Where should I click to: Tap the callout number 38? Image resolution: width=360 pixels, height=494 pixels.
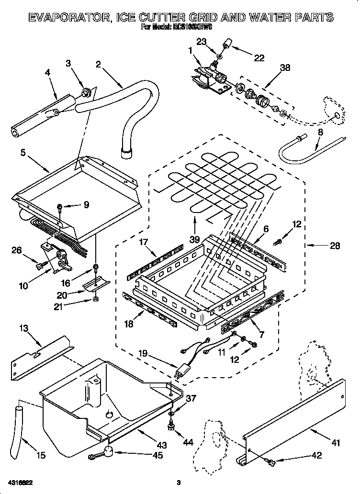coord(285,68)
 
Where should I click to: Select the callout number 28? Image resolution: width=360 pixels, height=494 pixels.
coord(335,246)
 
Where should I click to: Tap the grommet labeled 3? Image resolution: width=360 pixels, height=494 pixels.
coord(87,92)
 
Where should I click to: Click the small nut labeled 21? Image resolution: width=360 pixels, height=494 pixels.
coord(95,301)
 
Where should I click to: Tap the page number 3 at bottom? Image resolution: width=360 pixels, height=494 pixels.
coord(178,482)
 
